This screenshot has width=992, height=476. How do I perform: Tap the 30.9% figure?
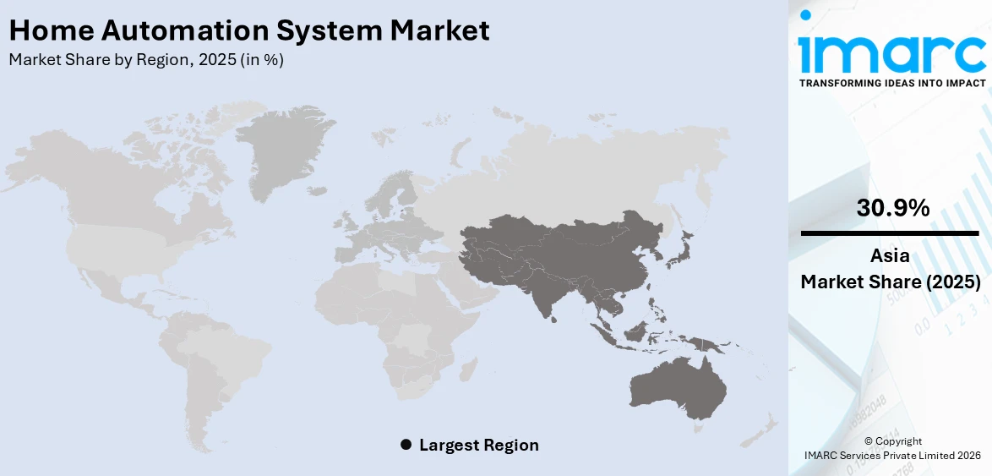point(892,208)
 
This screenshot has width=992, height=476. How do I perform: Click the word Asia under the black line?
point(891,256)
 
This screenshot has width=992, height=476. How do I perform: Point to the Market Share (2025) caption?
point(891,282)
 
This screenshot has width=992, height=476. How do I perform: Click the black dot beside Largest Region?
point(406,445)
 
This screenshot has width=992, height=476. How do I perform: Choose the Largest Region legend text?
point(478,445)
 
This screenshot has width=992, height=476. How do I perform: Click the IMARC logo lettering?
point(891,52)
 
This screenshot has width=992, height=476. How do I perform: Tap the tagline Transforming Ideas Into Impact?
point(891,83)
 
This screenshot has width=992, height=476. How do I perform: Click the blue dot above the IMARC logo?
point(806,15)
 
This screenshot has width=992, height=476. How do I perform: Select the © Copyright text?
point(892,440)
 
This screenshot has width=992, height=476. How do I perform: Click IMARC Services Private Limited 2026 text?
point(892,456)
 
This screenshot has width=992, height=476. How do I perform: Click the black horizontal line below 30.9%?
point(891,232)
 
